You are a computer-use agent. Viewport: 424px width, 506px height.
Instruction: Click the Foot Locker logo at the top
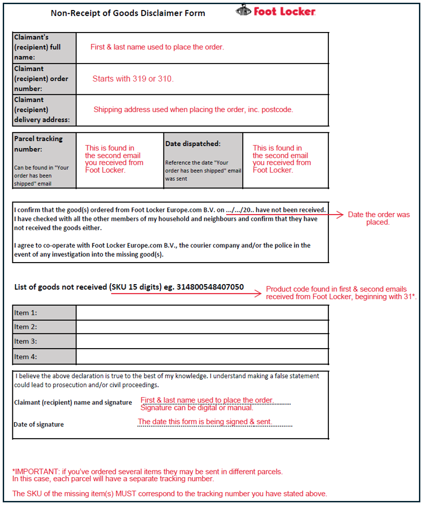point(276,11)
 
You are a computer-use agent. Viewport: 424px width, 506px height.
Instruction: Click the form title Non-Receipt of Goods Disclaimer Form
point(128,13)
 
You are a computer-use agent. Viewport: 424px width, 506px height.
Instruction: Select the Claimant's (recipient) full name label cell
point(44,48)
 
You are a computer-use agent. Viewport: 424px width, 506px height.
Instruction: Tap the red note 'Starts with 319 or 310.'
point(133,79)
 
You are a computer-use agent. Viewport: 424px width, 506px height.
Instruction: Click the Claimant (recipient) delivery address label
point(44,110)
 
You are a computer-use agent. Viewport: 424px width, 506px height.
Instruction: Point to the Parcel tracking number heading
point(38,144)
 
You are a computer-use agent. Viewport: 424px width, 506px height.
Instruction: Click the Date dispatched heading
point(193,144)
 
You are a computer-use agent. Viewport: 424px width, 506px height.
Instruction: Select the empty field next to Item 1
point(202,313)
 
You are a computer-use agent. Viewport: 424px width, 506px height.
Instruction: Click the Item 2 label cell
point(44,327)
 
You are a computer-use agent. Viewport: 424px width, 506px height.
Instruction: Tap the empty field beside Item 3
point(202,341)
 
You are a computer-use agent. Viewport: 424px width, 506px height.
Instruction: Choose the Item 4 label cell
point(44,356)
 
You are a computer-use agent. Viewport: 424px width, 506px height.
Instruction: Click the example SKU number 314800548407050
point(210,287)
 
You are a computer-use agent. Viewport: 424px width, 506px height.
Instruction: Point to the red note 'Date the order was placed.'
point(378,218)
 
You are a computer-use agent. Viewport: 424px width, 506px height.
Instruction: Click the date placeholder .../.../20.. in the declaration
point(240,210)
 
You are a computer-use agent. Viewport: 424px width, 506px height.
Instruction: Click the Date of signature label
point(38,425)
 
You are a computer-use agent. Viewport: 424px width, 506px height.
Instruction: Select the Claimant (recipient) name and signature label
point(73,403)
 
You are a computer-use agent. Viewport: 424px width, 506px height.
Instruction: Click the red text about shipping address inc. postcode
point(193,110)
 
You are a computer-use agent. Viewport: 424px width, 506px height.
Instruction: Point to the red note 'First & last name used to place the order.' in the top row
point(157,47)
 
